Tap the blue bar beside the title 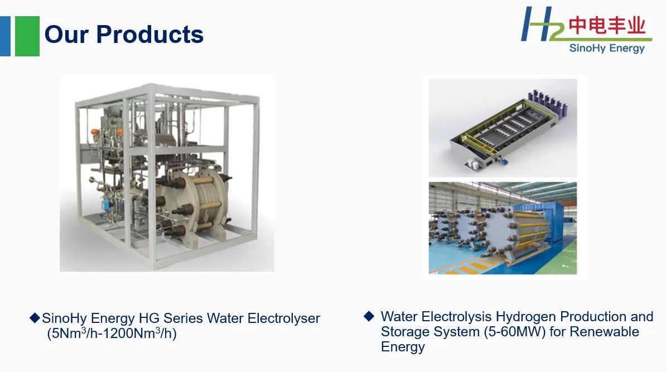(x=5, y=36)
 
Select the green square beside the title (x=27, y=36)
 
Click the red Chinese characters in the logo (x=607, y=26)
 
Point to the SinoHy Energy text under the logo (x=606, y=49)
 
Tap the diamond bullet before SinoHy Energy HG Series (x=35, y=318)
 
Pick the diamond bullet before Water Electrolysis (x=368, y=316)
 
